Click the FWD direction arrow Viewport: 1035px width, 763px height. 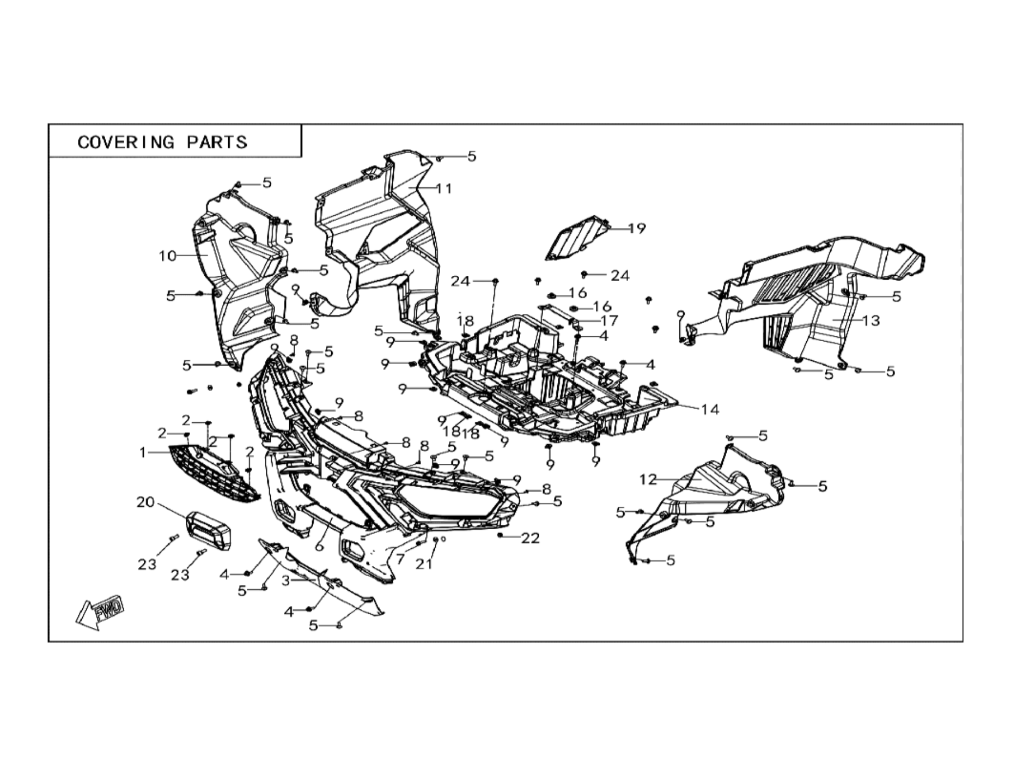[100, 612]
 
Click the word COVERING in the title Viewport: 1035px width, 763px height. [126, 142]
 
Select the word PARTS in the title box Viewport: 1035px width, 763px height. [217, 142]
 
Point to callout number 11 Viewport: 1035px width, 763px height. [444, 189]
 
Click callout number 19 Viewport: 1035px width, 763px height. [636, 228]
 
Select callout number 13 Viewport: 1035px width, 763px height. [871, 320]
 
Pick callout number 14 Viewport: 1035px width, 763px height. [710, 409]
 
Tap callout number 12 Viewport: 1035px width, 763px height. [648, 480]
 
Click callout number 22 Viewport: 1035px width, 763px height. [530, 538]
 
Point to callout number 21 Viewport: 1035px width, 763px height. [424, 564]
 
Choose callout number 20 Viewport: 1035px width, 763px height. [145, 502]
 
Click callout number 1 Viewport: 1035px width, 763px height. [143, 452]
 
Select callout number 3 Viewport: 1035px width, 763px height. [285, 581]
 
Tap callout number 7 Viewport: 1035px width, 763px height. [400, 560]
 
